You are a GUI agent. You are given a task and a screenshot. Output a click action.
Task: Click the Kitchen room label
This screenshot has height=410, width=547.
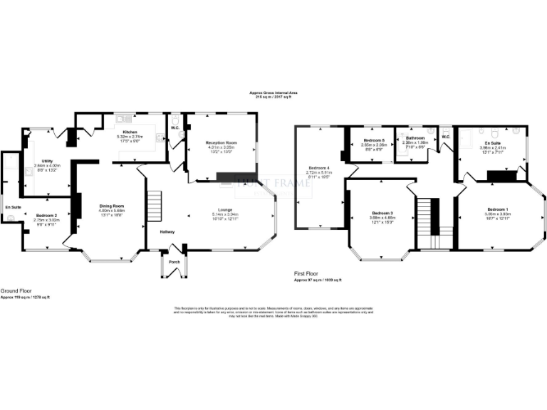click(129, 132)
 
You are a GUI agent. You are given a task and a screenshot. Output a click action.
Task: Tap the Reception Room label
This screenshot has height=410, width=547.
click(222, 143)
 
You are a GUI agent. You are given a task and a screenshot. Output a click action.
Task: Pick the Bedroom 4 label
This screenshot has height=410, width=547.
click(318, 167)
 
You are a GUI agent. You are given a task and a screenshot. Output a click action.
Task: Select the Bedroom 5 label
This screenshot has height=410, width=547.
click(374, 140)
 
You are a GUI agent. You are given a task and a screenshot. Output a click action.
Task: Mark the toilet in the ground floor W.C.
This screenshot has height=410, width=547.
click(174, 120)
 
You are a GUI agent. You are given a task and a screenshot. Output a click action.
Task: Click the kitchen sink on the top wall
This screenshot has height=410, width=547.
click(123, 119)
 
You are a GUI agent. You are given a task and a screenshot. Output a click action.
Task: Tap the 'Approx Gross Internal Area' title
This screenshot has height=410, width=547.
click(273, 93)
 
